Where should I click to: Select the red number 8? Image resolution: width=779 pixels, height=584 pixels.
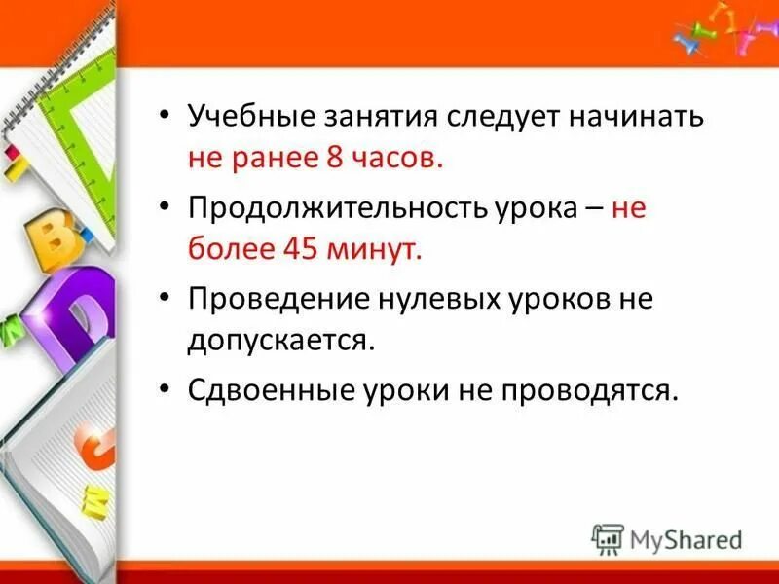coord(337,161)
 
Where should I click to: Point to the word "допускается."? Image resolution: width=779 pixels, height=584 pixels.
coord(281,341)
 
